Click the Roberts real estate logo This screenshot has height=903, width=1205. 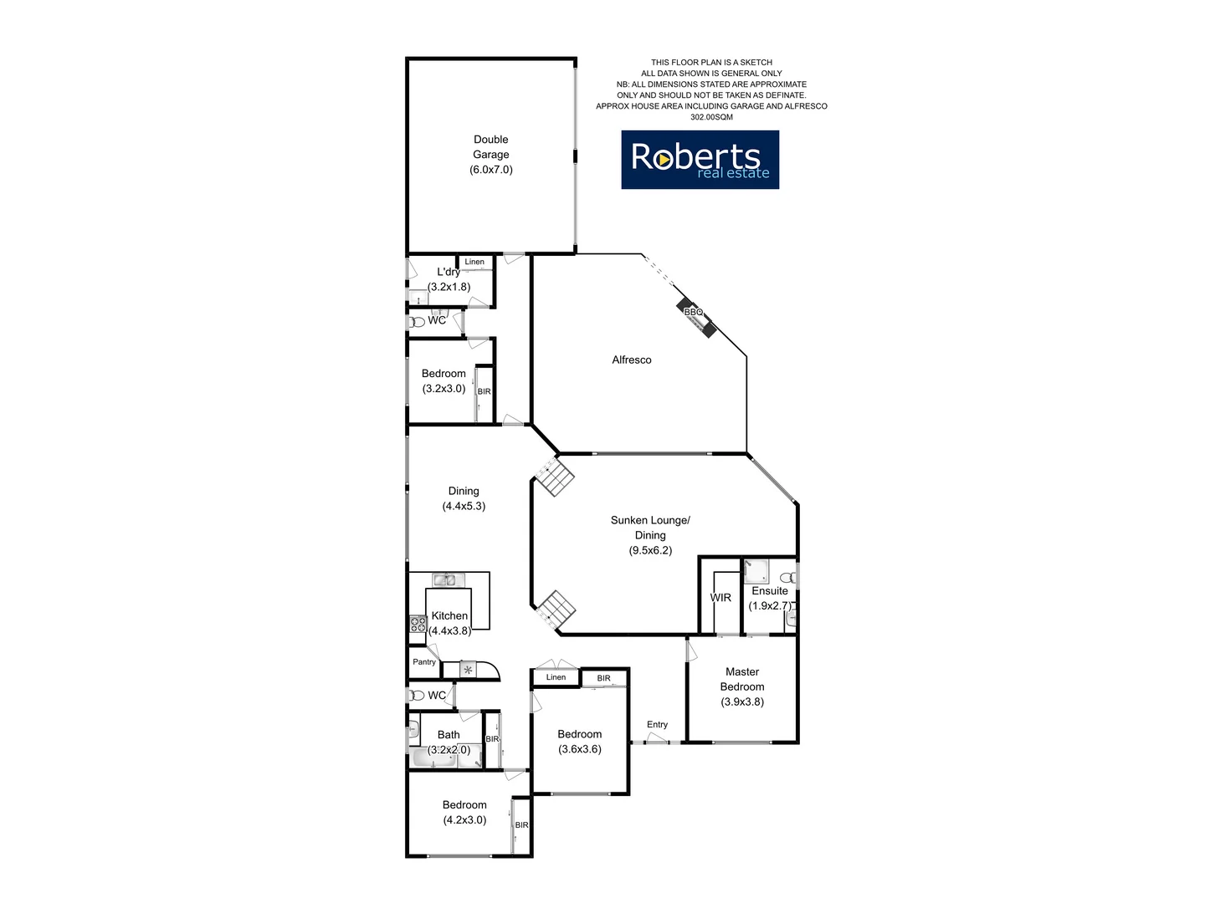click(x=700, y=160)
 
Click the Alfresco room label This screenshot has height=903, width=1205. click(x=632, y=360)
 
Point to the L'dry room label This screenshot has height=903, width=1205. click(x=449, y=273)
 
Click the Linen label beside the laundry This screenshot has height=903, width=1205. click(x=474, y=263)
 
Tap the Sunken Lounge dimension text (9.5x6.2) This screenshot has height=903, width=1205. click(x=650, y=551)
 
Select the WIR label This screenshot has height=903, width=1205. click(x=720, y=598)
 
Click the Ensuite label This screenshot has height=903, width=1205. click(x=770, y=591)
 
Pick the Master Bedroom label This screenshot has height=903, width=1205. click(x=742, y=679)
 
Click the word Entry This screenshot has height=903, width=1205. click(x=657, y=725)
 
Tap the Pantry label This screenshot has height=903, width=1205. click(x=424, y=662)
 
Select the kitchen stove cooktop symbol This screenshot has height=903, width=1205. click(x=417, y=624)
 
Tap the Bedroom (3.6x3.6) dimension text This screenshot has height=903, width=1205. click(x=580, y=749)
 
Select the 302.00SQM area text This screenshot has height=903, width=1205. click(x=711, y=118)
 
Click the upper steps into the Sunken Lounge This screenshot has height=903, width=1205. click(x=555, y=477)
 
